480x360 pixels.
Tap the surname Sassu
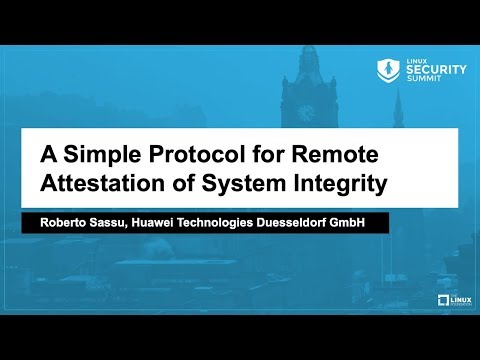[118, 221]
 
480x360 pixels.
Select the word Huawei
[167, 221]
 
